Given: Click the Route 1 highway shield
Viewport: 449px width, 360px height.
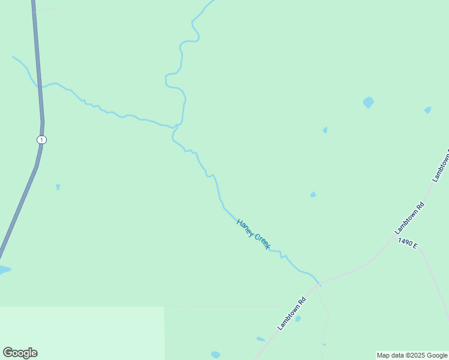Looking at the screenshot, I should pyautogui.click(x=41, y=140).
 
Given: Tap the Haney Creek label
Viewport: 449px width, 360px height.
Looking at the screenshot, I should pyautogui.click(x=253, y=234).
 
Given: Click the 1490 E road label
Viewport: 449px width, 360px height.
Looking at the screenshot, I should pyautogui.click(x=407, y=243).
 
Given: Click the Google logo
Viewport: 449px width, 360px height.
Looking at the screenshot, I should pyautogui.click(x=20, y=353).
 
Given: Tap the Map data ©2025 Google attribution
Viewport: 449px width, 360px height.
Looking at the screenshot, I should pyautogui.click(x=412, y=355).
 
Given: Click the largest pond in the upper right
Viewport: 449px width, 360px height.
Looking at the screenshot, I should pyautogui.click(x=369, y=103).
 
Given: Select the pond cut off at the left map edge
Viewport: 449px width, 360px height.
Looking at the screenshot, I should pyautogui.click(x=4, y=270).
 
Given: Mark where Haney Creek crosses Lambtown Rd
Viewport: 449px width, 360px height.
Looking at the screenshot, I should pyautogui.click(x=319, y=283).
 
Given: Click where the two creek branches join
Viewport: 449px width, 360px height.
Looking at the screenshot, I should pyautogui.click(x=176, y=127).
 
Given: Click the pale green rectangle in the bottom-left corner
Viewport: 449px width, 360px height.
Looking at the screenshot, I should pyautogui.click(x=81, y=333).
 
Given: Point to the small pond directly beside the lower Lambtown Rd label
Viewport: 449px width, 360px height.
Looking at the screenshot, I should pyautogui.click(x=298, y=319).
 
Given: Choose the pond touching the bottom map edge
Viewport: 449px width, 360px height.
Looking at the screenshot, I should pyautogui.click(x=215, y=355).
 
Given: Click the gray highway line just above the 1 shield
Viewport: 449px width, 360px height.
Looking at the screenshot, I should pyautogui.click(x=41, y=117).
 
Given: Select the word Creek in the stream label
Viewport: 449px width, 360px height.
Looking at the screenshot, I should pyautogui.click(x=263, y=241).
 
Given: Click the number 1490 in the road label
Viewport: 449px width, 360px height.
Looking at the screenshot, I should pyautogui.click(x=404, y=242).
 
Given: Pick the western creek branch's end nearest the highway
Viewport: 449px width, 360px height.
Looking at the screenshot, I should pyautogui.click(x=13, y=57).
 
